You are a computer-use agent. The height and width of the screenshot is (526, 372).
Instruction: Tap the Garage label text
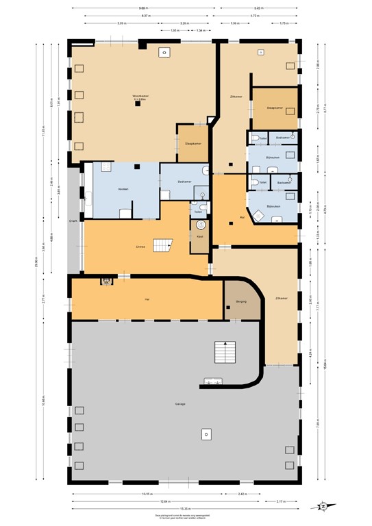tap(180, 403)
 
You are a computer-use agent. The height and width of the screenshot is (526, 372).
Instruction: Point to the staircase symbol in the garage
tap(224, 352)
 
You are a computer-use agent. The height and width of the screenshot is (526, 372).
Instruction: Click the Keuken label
tap(123, 188)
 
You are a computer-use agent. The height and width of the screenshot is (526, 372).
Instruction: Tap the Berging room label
tap(240, 301)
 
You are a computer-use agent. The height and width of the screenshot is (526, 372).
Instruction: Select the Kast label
tap(200, 236)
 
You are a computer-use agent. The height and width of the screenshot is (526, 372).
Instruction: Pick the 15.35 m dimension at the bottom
tap(185, 508)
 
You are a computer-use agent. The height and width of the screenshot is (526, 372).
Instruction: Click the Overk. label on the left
tap(72, 221)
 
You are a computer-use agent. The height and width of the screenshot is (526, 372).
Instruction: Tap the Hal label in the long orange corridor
tap(147, 299)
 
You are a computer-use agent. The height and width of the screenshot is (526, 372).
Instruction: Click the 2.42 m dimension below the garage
tap(243, 494)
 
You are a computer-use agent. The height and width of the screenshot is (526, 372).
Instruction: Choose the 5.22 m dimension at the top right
tap(259, 9)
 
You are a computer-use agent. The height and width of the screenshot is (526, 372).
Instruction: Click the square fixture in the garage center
tap(207, 434)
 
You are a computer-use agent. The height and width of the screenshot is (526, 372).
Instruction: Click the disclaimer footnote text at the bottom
tap(185, 518)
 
